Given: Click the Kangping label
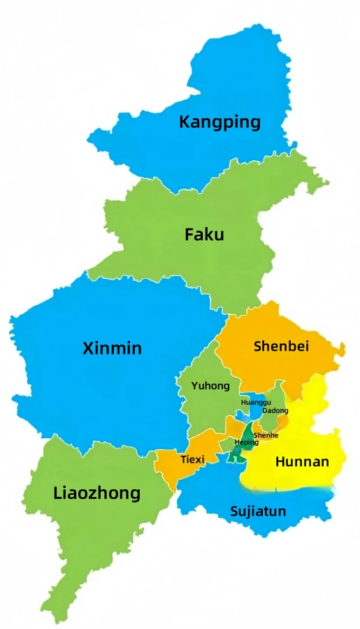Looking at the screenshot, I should click(219, 122).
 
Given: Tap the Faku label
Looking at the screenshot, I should click(204, 235).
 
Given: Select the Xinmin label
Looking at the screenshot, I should click(112, 348).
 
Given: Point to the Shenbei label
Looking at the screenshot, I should click(281, 346).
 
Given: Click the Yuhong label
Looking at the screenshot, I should click(210, 386).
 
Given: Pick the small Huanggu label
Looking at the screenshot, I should click(255, 403).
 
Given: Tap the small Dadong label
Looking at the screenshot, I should click(275, 411).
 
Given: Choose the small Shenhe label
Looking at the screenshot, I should click(266, 435).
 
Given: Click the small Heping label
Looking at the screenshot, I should click(246, 442).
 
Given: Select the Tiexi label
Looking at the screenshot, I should click(192, 460).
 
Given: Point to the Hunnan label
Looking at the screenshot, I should click(302, 462).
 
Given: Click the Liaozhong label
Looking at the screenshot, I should click(96, 493).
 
